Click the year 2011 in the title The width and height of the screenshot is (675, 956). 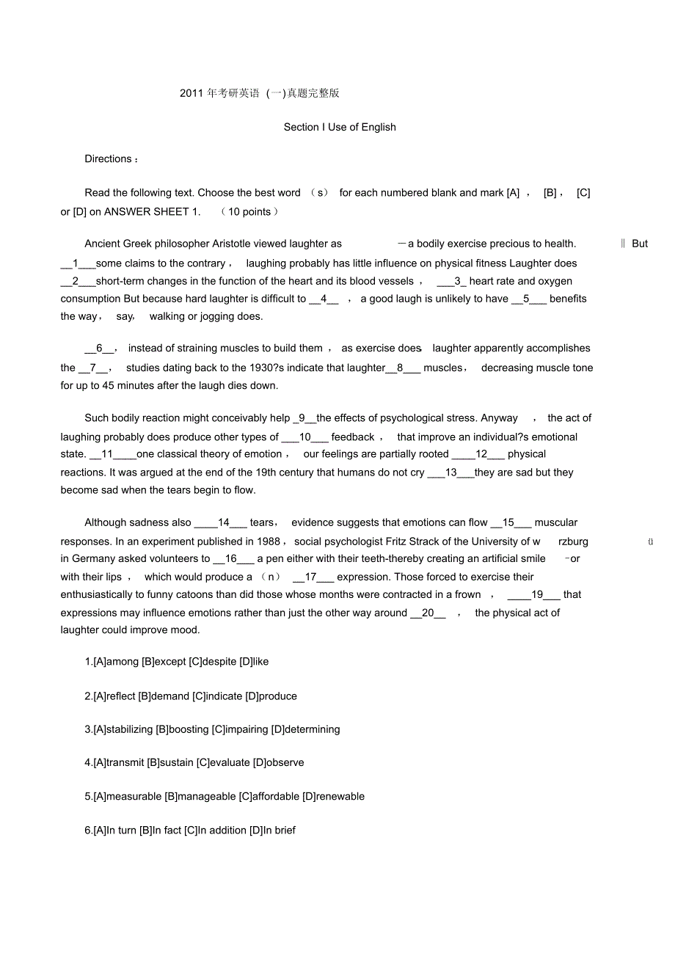191,93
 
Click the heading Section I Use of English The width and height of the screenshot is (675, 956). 340,127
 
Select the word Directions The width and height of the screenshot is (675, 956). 109,159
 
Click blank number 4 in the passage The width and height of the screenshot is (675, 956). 324,299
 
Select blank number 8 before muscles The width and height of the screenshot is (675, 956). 401,368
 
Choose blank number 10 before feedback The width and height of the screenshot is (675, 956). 305,437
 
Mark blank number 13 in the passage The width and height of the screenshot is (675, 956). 451,472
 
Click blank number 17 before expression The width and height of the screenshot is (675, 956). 311,577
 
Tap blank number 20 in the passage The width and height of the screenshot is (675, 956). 428,613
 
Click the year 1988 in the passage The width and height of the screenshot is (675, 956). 269,541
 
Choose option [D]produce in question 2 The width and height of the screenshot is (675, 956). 271,696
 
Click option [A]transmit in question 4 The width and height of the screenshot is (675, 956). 119,762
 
